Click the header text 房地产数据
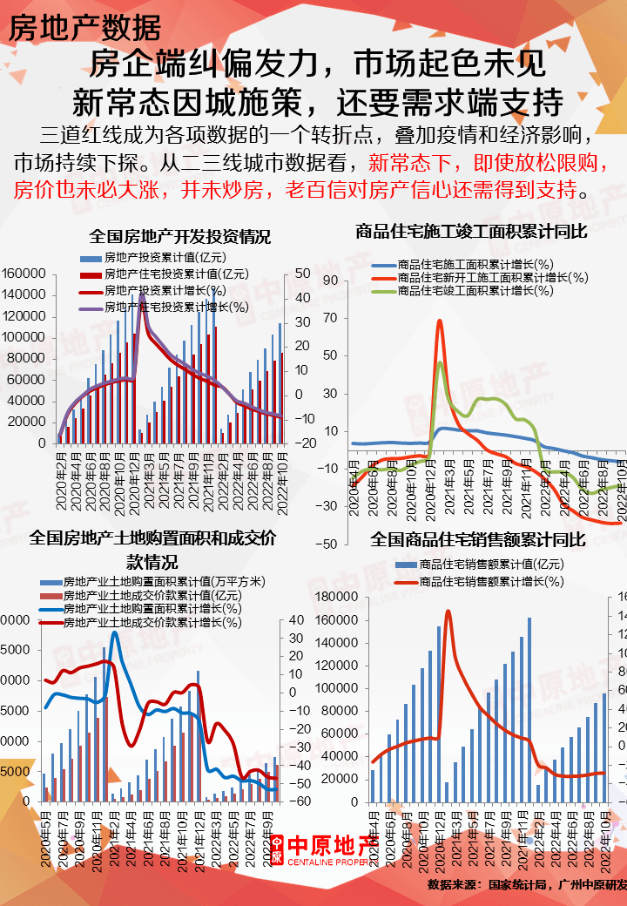point(84,27)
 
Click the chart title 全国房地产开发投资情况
point(180,237)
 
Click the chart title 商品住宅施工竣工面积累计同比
point(471,232)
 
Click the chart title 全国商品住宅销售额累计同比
point(478,540)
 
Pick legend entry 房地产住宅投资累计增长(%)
point(175,307)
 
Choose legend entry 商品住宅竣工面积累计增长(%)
point(475,291)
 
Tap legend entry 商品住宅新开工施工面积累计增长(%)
point(492,278)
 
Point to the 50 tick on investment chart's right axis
point(303,274)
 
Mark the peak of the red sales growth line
point(448,611)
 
